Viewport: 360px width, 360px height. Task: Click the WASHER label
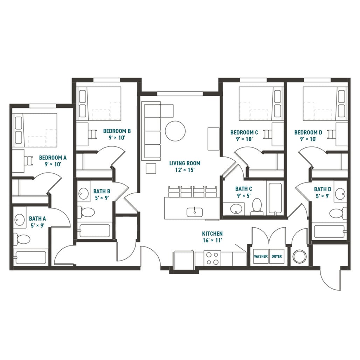(x=261, y=256)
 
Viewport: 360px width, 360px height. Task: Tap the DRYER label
(x=277, y=256)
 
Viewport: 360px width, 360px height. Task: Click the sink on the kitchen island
(x=194, y=211)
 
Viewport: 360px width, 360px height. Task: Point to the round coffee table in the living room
(x=175, y=131)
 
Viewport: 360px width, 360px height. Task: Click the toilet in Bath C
(x=257, y=206)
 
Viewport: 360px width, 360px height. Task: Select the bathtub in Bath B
(x=95, y=230)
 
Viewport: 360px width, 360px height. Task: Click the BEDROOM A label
(x=53, y=158)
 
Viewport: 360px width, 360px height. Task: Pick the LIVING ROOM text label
(x=185, y=163)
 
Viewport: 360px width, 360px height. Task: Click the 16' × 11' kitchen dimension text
(x=212, y=240)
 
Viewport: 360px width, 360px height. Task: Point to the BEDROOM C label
(x=244, y=132)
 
